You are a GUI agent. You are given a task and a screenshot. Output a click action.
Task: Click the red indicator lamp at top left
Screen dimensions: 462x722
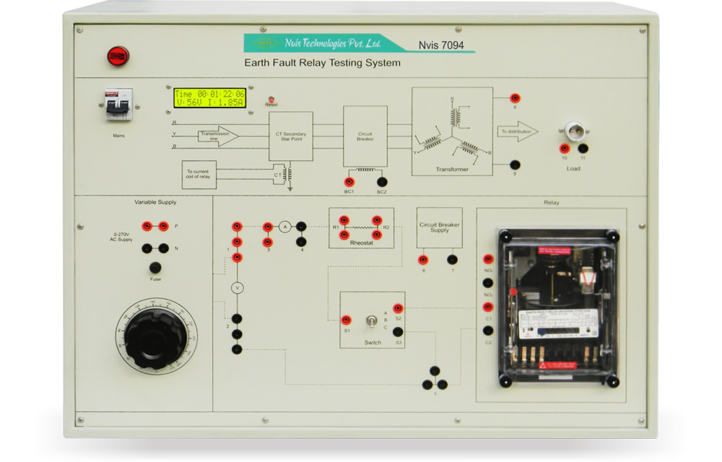[x=118, y=56]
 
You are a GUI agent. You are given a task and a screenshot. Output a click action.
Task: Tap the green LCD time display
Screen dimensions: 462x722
[x=209, y=98]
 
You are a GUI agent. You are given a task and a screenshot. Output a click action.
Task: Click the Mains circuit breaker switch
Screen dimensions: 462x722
[x=118, y=105]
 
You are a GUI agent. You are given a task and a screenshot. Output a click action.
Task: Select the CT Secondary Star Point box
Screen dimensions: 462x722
[x=290, y=136]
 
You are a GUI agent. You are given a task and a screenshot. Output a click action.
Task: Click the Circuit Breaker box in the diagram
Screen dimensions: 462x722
[x=365, y=136]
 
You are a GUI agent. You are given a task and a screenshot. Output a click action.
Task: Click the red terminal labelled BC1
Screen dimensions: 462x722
[x=349, y=182]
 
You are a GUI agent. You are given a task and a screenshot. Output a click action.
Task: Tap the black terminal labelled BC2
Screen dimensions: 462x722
[x=382, y=182]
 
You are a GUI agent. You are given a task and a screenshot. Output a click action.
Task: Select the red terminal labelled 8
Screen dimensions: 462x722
[x=515, y=98]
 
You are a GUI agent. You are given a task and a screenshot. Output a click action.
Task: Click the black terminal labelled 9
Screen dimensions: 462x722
[x=515, y=165]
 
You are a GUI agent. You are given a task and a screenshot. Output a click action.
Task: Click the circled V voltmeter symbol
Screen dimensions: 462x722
[x=236, y=287]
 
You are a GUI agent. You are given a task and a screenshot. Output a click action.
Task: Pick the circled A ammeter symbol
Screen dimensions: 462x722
[x=284, y=227]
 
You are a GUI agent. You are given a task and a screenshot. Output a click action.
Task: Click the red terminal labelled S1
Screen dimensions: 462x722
[x=347, y=320]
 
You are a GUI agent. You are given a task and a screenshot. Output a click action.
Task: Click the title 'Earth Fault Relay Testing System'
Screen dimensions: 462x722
[x=322, y=63]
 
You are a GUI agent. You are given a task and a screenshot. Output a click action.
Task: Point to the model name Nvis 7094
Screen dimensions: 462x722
[x=436, y=45]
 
